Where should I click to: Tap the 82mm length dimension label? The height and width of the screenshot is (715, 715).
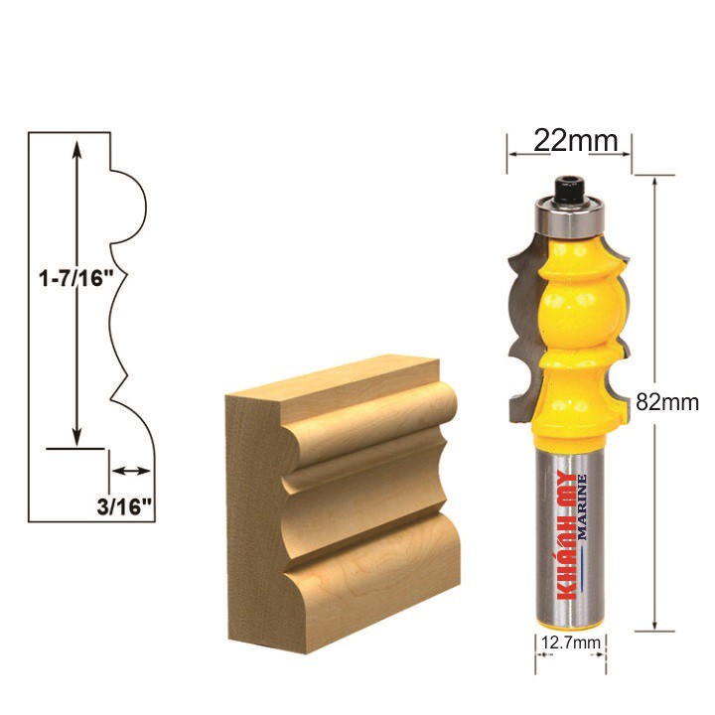(667, 402)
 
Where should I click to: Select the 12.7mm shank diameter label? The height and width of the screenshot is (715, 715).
(570, 643)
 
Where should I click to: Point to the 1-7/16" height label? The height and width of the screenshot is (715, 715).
(76, 278)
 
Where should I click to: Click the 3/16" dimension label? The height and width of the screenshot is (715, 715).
(124, 506)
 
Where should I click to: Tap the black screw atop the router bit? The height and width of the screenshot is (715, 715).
(569, 189)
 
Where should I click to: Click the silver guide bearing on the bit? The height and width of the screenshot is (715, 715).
(570, 217)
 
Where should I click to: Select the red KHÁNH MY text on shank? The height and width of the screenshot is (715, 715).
(567, 535)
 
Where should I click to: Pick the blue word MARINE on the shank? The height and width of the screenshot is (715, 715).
(582, 507)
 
